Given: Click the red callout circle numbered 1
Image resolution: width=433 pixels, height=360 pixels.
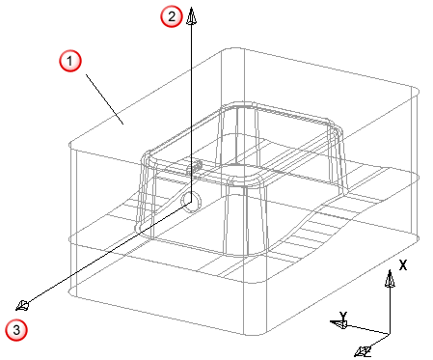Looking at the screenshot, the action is pos(70,61).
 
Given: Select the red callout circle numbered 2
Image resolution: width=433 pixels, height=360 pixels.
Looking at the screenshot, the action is pos(172,16).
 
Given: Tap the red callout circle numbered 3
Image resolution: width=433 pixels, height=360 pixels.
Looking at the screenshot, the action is pos(16,329).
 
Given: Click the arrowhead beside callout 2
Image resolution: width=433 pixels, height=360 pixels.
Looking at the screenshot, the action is pos(192,16).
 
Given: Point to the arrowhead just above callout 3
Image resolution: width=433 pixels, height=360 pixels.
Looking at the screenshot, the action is pos(22,305).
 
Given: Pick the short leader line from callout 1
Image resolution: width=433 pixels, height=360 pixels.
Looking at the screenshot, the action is pos(104,99).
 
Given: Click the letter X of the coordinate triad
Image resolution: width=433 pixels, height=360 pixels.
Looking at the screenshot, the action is pos(403,265).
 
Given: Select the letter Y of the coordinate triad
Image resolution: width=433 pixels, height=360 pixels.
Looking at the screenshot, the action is pos(343,316).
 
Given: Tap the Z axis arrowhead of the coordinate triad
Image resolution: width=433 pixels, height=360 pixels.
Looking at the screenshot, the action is pos(364,350).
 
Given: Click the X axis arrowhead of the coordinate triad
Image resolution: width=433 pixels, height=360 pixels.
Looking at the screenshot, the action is pos(390,279).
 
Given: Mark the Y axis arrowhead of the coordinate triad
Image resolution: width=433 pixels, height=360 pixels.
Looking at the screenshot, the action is pos(338,323).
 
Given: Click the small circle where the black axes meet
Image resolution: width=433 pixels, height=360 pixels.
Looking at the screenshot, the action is pos(191,203).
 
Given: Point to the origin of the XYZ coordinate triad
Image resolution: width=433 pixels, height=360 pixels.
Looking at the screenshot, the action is pos(390,334).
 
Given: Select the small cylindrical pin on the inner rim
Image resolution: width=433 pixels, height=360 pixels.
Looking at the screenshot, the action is pos(195,167).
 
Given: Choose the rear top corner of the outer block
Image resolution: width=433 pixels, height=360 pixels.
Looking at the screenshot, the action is pos(233,49).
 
